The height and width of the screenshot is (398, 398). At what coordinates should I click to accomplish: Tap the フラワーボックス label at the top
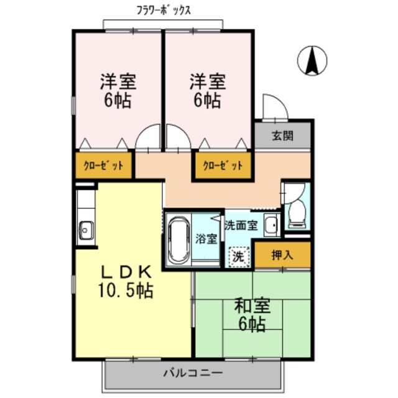pyautogui.click(x=164, y=10)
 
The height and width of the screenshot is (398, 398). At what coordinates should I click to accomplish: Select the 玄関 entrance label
pyautogui.click(x=282, y=136)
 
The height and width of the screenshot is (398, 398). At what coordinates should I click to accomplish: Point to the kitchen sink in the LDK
pyautogui.click(x=85, y=230)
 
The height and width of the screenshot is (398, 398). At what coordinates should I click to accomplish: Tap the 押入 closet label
pyautogui.click(x=282, y=254)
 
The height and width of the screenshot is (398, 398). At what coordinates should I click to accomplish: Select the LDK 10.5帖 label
pyautogui.click(x=125, y=280)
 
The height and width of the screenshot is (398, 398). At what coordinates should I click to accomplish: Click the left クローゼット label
pyautogui.click(x=104, y=166)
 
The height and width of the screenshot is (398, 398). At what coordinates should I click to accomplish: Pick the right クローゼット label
pyautogui.click(x=221, y=166)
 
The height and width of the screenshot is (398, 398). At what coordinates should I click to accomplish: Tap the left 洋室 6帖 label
pyautogui.click(x=118, y=91)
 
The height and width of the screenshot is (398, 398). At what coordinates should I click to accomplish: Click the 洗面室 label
pyautogui.click(x=241, y=225)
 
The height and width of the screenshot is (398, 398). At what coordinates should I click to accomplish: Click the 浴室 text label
pyautogui.click(x=206, y=239)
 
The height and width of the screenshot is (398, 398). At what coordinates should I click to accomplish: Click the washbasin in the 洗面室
pyautogui.click(x=271, y=224)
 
